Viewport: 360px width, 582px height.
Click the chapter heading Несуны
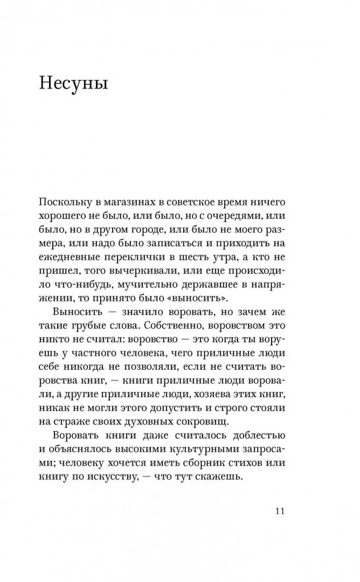pyautogui.click(x=73, y=83)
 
